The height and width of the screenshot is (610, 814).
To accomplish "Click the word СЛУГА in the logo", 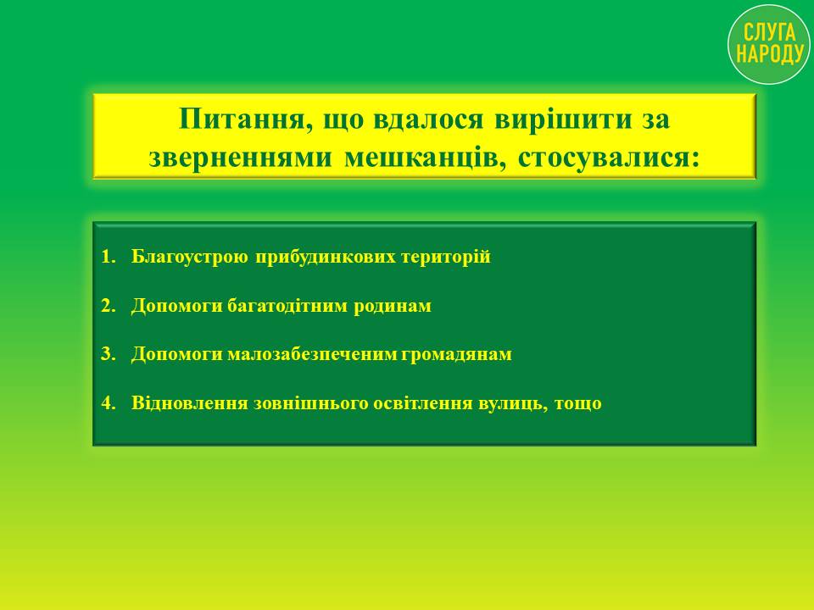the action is pyautogui.click(x=769, y=33).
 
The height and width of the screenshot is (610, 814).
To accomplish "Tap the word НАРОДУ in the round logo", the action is pyautogui.click(x=769, y=53).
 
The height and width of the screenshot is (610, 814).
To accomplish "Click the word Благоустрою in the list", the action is pyautogui.click(x=189, y=258).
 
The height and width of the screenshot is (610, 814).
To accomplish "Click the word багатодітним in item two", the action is pyautogui.click(x=288, y=306).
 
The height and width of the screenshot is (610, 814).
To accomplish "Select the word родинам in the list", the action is pyautogui.click(x=393, y=307).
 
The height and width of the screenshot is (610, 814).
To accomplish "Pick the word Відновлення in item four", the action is pyautogui.click(x=189, y=403).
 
